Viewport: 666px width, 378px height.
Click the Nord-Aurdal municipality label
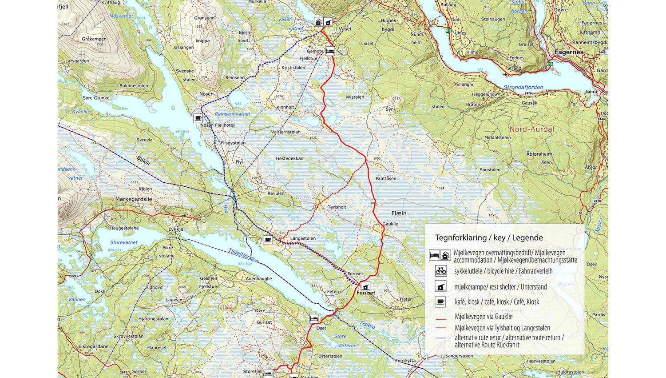(x=531, y=129)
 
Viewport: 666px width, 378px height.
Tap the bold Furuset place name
(x=365, y=293)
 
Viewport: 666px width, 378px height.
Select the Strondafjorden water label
(x=523, y=88)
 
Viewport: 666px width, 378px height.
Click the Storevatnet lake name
(x=124, y=243)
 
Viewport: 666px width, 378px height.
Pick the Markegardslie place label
(x=134, y=199)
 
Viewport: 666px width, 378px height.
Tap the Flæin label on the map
(x=399, y=213)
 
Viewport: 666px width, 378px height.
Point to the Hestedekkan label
(x=289, y=158)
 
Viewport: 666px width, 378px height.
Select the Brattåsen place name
(x=386, y=178)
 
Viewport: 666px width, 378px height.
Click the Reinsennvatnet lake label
(x=232, y=114)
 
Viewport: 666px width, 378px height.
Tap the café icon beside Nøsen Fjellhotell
(x=198, y=118)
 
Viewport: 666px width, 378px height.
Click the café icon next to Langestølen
(x=267, y=240)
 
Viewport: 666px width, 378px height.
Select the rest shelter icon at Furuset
(x=365, y=286)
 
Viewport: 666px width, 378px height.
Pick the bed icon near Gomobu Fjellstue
(x=330, y=51)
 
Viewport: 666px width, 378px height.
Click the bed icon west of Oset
(x=314, y=318)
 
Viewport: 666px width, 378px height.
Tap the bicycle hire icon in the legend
(x=440, y=270)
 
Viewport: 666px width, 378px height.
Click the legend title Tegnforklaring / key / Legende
(x=489, y=238)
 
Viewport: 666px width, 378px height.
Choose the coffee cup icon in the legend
(x=440, y=302)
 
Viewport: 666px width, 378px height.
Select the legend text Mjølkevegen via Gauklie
(x=484, y=317)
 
